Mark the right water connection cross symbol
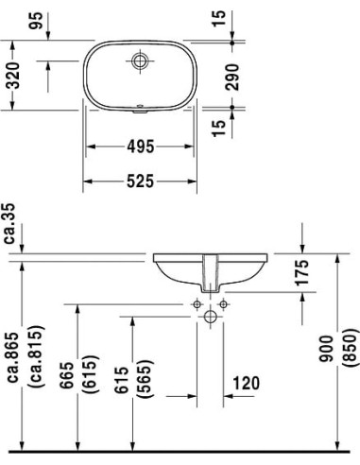point(225,305)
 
